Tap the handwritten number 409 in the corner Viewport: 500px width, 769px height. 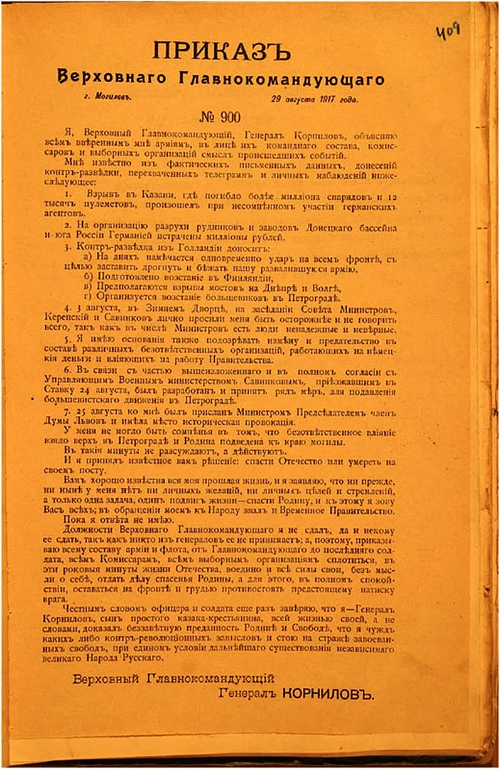(x=448, y=31)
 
